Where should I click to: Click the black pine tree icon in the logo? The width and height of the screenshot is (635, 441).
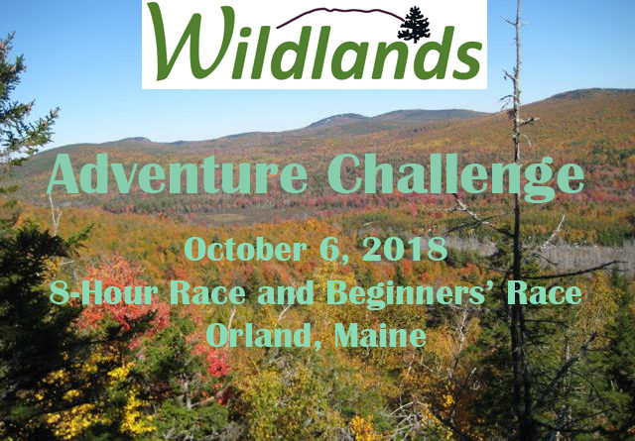(x=414, y=24)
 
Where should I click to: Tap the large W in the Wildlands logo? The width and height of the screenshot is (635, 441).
(x=191, y=42)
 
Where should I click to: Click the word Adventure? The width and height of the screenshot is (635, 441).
(x=178, y=174)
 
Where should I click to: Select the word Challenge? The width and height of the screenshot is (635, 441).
(x=456, y=177)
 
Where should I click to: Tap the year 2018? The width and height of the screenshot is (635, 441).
(x=405, y=249)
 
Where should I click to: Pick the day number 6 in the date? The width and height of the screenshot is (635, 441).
(x=328, y=250)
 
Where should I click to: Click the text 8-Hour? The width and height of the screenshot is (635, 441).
(x=103, y=293)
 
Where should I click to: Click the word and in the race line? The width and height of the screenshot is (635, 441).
(x=286, y=293)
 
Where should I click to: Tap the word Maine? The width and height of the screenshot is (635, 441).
(x=380, y=336)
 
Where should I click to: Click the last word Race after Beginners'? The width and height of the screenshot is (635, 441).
(x=545, y=293)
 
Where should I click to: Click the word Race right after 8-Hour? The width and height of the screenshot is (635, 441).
(x=207, y=293)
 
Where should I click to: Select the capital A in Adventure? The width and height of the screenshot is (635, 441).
(x=63, y=174)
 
